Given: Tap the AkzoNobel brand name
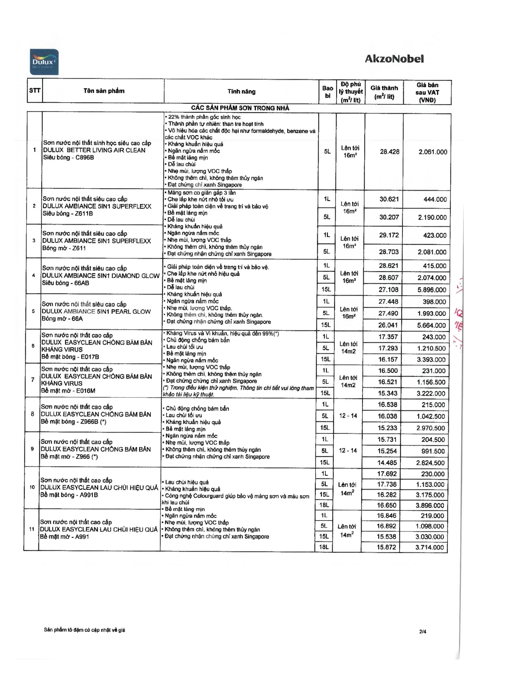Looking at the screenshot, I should click(x=394, y=59).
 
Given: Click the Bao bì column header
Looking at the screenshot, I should click(x=328, y=92).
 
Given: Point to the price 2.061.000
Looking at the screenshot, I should click(x=432, y=152).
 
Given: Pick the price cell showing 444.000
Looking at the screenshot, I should click(x=435, y=199).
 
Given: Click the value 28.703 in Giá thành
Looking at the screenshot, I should click(x=389, y=252).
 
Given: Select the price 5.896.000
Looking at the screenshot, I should click(x=432, y=290).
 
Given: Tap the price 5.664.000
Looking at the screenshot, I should click(x=431, y=325).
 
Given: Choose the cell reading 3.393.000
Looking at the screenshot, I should click(x=431, y=360).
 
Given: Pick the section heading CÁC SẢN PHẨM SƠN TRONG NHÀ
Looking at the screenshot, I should click(x=240, y=108).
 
